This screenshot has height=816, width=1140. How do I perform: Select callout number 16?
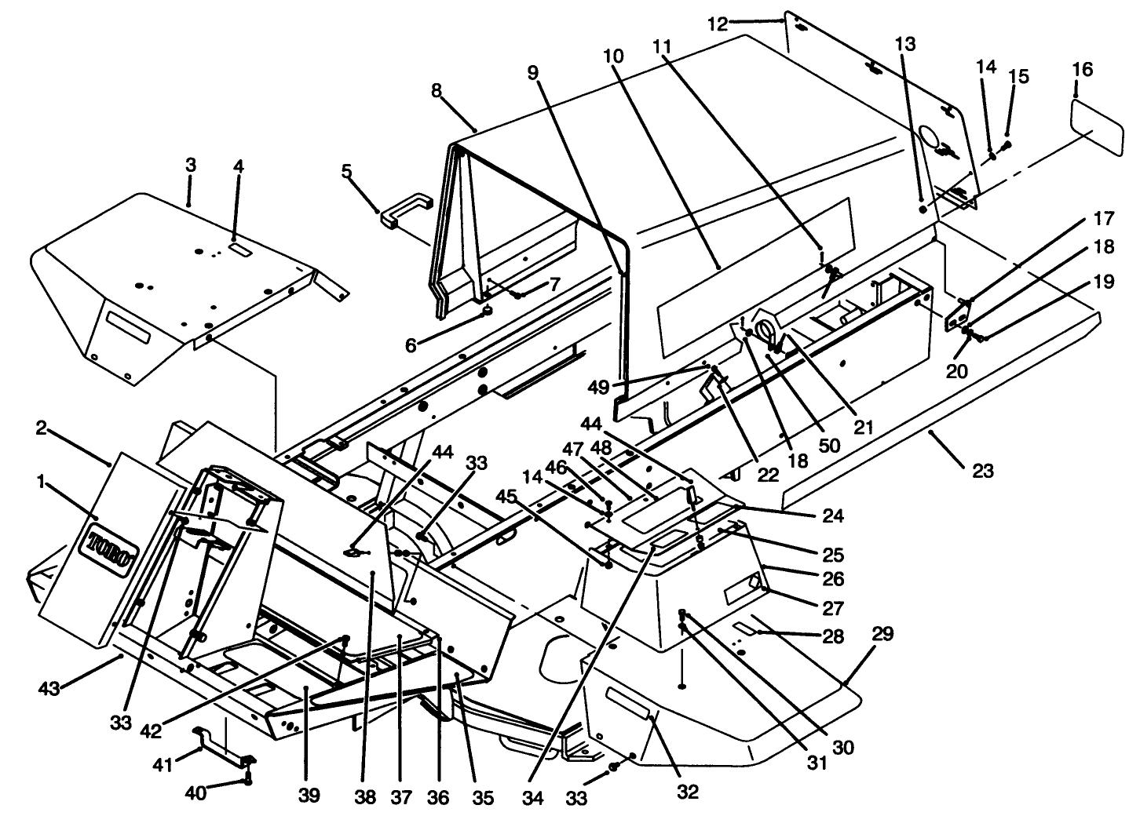click(x=1081, y=70)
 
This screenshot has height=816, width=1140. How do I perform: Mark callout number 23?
click(x=982, y=471)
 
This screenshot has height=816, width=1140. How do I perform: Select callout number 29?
click(x=882, y=635)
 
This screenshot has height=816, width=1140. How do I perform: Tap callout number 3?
click(x=191, y=166)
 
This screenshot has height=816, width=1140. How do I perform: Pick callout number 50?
click(x=829, y=445)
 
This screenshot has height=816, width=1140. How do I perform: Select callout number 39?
click(x=309, y=796)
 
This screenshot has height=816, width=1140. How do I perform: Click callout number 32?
click(x=687, y=792)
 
